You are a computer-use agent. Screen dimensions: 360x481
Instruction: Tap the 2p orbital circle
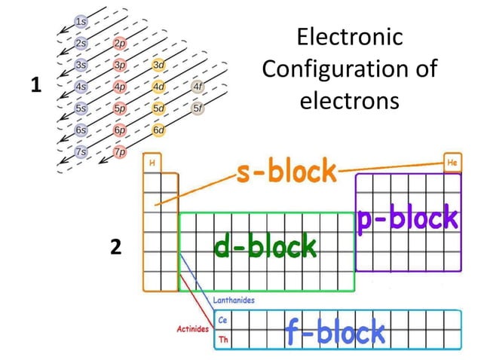pos(119,43)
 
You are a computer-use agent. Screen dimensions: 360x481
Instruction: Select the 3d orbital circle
pos(158,65)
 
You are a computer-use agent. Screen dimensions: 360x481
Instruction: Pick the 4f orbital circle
pos(198,87)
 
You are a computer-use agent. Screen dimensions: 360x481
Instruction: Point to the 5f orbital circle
pos(198,108)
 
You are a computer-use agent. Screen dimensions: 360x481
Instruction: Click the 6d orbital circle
pos(158,130)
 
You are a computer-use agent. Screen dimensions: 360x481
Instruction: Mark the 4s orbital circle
pos(80,87)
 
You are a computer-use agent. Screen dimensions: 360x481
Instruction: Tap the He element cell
pos(452,162)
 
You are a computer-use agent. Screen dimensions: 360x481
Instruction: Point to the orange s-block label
pos(285,172)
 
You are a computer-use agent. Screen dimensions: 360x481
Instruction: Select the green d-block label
pos(265,246)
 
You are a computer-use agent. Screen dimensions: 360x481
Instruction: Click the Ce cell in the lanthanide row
pos(222,320)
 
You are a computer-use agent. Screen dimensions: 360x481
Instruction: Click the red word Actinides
pos(191,330)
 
